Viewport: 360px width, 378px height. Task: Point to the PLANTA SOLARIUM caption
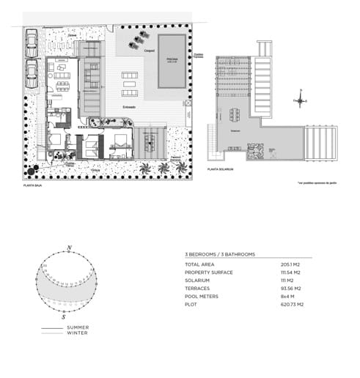coord(221,169)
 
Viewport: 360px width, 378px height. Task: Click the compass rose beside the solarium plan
coord(300,101)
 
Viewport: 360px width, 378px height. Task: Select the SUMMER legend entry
coord(78,327)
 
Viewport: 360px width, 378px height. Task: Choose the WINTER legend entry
coord(77,333)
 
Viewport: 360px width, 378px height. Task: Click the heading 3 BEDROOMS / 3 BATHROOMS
coord(220,254)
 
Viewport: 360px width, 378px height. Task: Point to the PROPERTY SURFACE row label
coord(210,272)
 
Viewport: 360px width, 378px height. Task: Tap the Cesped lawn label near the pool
coord(148,51)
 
